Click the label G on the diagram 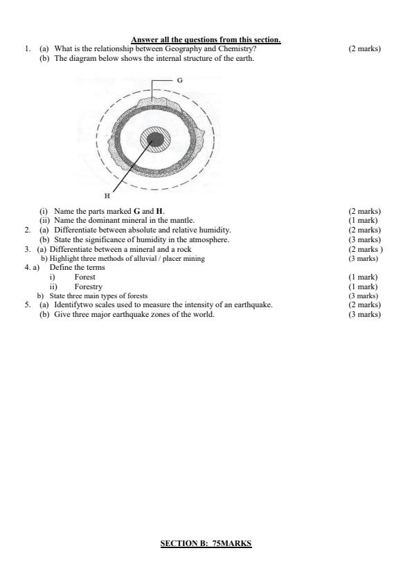click(179, 81)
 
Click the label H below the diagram click(107, 195)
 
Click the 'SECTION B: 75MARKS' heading click(206, 543)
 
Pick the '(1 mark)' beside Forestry click(364, 287)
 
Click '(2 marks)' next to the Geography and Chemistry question click(365, 48)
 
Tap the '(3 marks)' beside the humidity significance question click(365, 239)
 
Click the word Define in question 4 click(60, 267)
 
